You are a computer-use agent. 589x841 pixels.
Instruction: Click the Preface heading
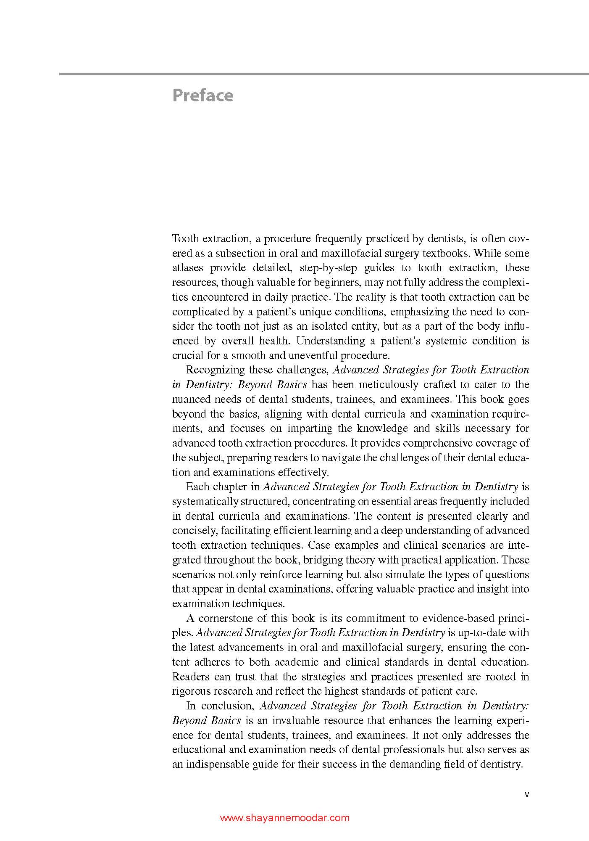202,95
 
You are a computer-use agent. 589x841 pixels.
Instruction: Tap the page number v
527,794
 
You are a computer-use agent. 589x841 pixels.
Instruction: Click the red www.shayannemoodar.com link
285,818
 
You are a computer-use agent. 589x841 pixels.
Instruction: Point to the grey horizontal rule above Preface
323,74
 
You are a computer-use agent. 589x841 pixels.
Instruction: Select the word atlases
187,268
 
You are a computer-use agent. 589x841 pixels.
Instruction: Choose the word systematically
205,501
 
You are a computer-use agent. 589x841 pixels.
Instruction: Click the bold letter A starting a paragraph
190,618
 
